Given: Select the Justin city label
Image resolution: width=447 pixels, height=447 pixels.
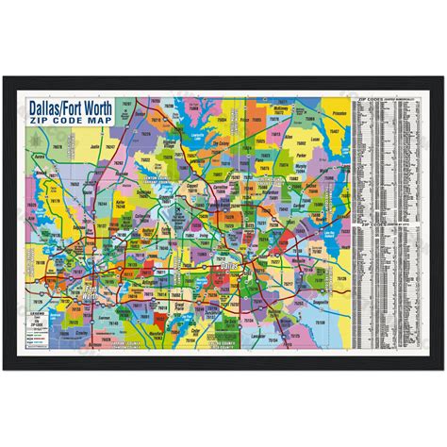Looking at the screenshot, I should tap(94, 147).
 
